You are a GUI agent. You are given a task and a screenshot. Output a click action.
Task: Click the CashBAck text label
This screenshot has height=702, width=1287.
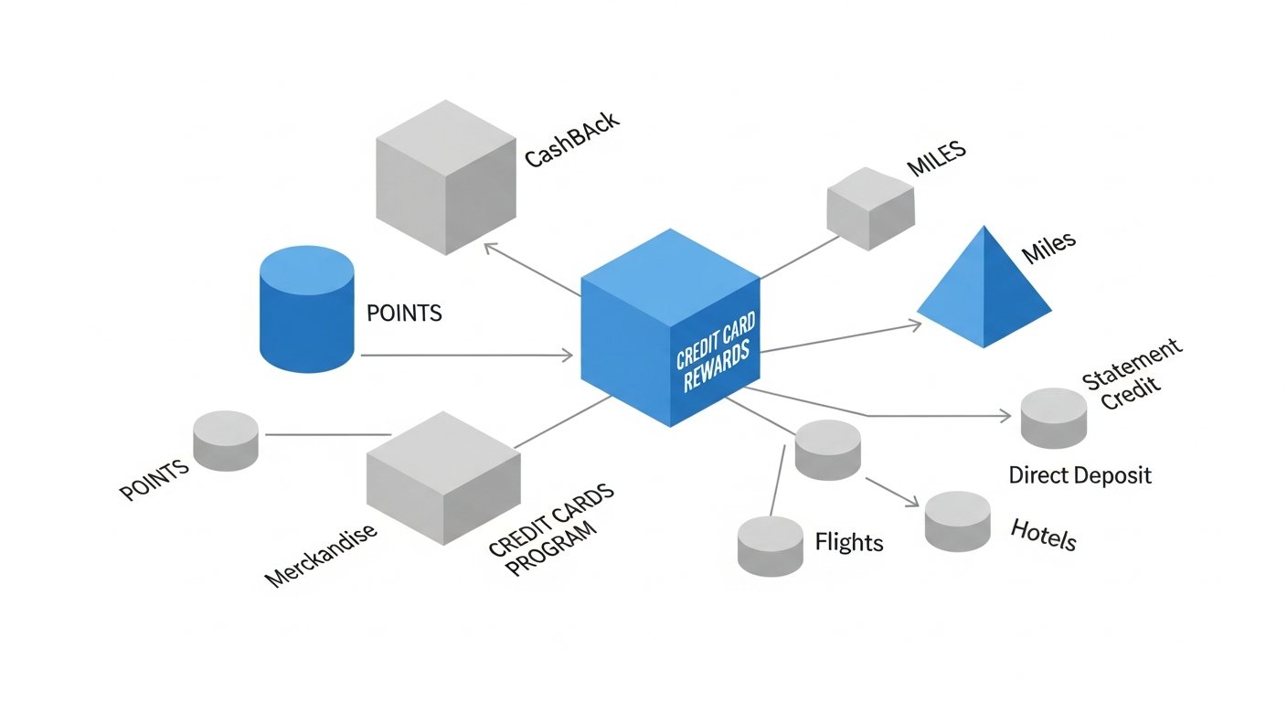[x=572, y=139]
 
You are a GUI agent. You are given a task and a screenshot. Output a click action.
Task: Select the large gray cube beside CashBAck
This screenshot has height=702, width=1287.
[x=446, y=177]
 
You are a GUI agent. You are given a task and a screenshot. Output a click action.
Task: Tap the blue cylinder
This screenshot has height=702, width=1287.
[x=307, y=309]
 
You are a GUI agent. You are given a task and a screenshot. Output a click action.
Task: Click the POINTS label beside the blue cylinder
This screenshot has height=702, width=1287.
[x=404, y=314]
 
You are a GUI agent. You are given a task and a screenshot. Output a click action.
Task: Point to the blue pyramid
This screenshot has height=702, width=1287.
[x=984, y=287]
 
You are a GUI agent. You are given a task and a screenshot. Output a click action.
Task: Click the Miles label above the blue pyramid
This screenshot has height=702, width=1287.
[x=1048, y=248]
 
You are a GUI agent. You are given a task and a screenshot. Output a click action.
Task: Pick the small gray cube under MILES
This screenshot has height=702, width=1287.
[x=870, y=208]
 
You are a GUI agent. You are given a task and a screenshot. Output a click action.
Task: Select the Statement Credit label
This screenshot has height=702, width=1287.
[x=1131, y=375]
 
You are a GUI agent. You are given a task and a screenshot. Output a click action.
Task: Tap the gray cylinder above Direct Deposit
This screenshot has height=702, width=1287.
[x=1054, y=418]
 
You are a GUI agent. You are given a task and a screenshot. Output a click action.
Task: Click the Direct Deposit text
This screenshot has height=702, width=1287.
[x=1080, y=475]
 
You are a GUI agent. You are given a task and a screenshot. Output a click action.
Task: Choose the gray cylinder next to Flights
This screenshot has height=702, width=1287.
[x=770, y=546]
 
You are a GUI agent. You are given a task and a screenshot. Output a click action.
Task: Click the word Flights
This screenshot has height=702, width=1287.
[x=848, y=542]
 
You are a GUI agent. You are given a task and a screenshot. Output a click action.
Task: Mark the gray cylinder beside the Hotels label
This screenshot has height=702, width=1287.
[x=957, y=522]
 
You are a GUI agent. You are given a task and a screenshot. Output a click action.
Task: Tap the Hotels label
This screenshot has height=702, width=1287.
[x=1043, y=535]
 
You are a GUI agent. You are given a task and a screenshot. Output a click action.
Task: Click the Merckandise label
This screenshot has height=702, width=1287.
[x=321, y=555]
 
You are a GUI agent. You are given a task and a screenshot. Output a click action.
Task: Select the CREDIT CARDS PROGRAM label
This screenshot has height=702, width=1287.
[x=550, y=529]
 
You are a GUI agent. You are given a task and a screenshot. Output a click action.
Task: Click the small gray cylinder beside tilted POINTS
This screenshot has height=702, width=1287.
[x=225, y=441]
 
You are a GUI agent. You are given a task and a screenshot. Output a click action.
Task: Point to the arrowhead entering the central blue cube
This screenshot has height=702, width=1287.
[x=567, y=355]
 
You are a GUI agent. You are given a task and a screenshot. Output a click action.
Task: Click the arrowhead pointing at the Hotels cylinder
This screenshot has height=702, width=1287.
[x=913, y=502]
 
